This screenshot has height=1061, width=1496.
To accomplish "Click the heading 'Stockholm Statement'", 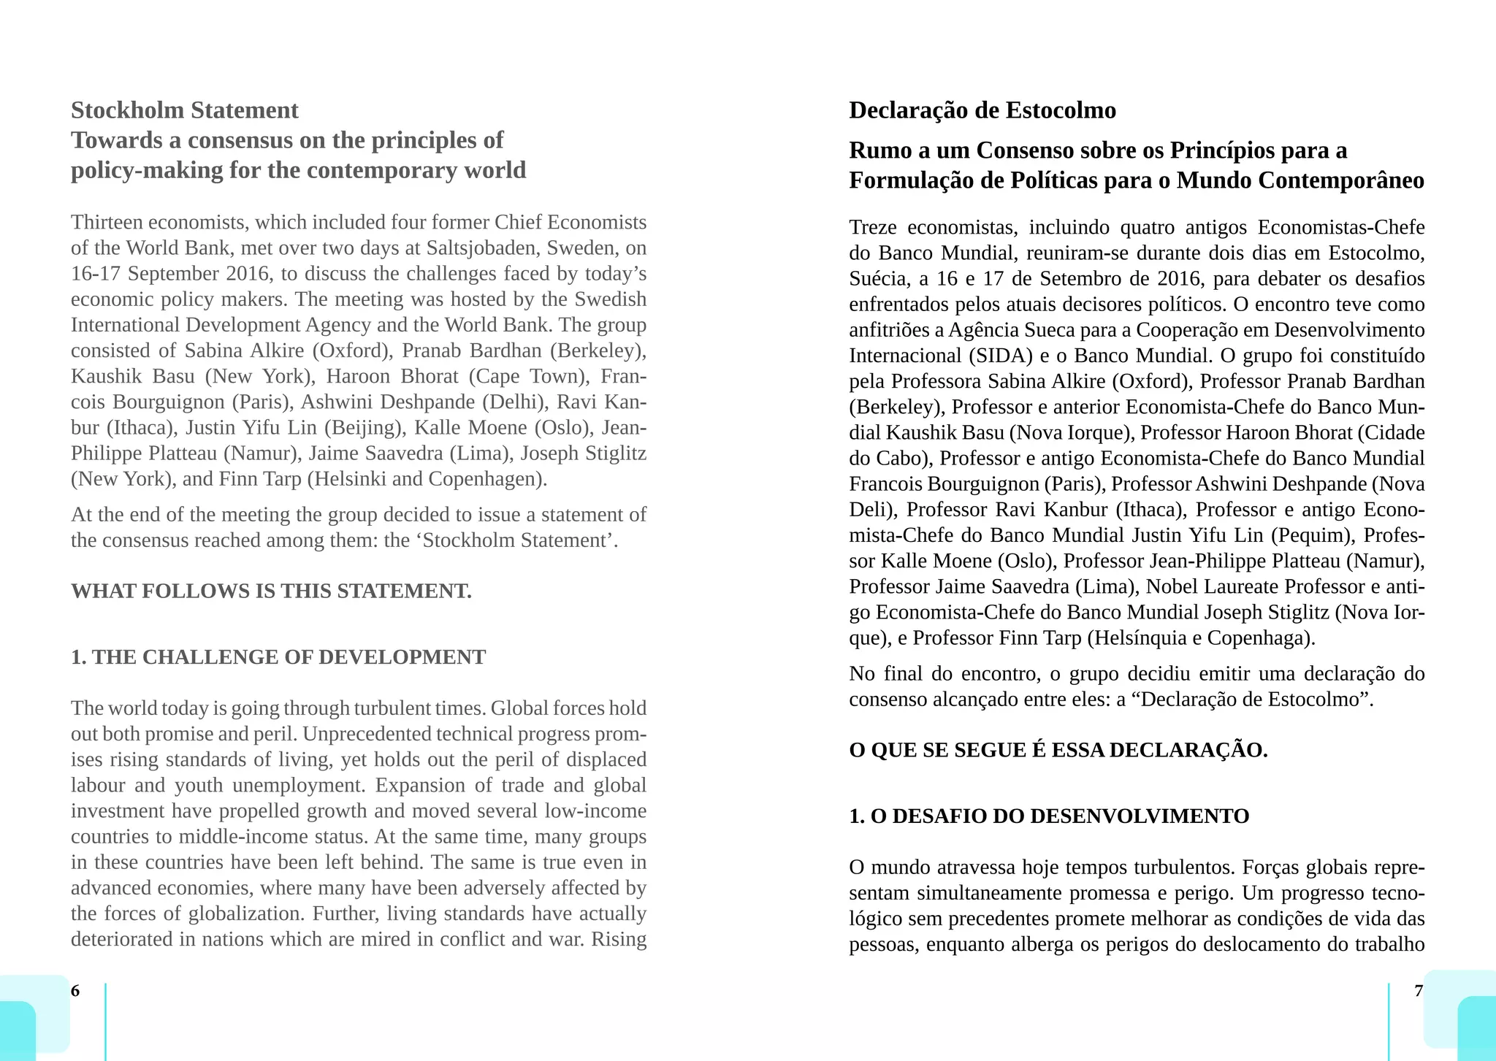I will [x=184, y=110].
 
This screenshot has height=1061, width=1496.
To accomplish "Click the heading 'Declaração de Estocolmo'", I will [x=982, y=110].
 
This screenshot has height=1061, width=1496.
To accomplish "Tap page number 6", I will [x=75, y=991].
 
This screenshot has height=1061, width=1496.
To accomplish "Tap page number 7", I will [x=1419, y=991].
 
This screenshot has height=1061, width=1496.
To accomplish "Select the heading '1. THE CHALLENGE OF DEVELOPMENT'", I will [x=278, y=657].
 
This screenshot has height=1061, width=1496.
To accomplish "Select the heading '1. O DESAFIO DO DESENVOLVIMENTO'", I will [x=1049, y=816].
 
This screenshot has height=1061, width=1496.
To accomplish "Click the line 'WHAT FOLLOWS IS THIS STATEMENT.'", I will [x=271, y=591].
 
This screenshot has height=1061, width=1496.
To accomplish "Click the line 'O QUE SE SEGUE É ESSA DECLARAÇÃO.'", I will [x=1058, y=750].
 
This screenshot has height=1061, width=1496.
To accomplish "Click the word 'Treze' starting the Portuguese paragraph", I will [x=872, y=228].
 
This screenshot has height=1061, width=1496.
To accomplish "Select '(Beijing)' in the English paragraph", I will [x=362, y=428].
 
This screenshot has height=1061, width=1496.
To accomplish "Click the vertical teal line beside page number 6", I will [x=105, y=1021].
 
